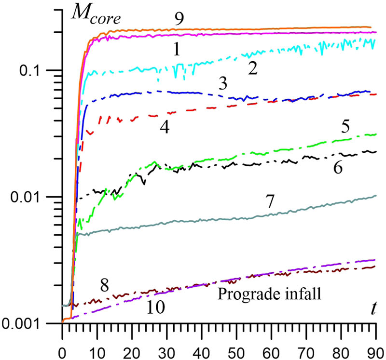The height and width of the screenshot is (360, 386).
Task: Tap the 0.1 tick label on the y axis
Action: click(34, 70)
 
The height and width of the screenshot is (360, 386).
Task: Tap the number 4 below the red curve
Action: click(164, 128)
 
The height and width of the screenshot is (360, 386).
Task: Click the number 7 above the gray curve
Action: click(271, 203)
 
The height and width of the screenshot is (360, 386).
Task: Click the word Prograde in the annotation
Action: click(238, 293)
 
